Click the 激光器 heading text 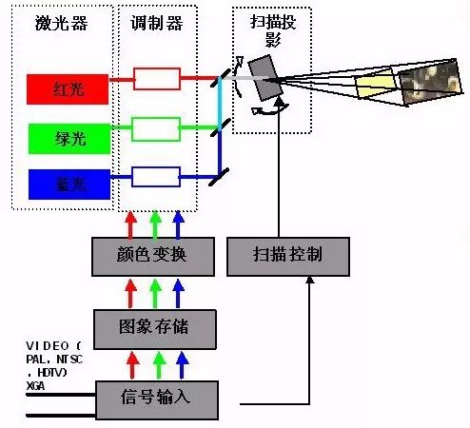(61, 23)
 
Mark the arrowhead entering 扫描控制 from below (306, 282)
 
